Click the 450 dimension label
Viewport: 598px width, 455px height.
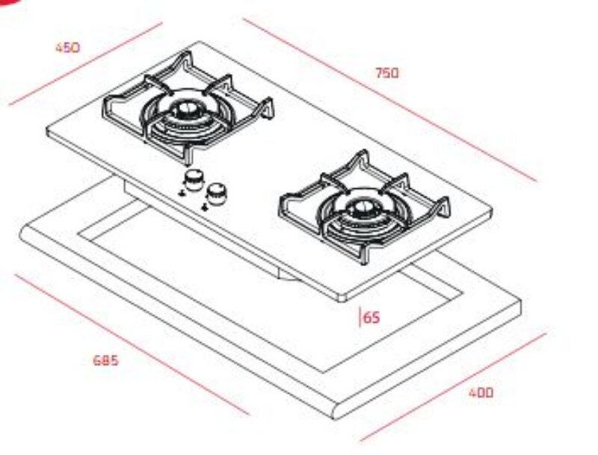(68, 48)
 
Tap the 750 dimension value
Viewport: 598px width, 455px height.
(387, 72)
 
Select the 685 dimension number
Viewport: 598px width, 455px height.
(106, 360)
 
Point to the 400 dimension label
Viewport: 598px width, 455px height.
(481, 392)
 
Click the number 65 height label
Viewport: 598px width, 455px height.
(372, 318)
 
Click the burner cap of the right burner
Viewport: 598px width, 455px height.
(361, 208)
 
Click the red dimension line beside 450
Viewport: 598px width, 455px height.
(85, 64)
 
